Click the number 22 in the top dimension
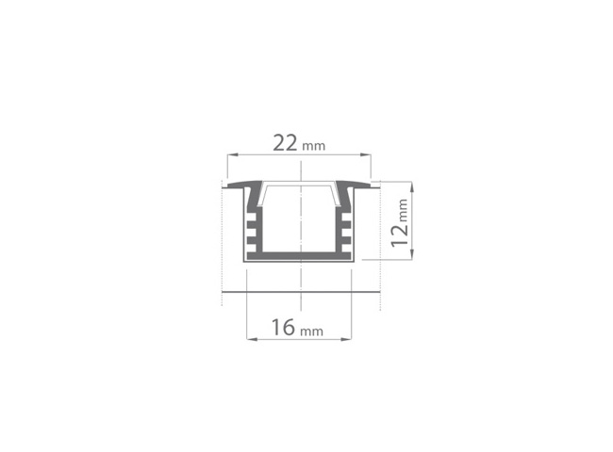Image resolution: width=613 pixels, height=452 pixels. pos(285,143)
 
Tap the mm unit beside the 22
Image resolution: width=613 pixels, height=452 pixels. pos(313,146)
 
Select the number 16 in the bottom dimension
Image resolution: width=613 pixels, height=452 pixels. pos(283,327)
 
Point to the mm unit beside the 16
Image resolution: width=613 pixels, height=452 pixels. pos(311,331)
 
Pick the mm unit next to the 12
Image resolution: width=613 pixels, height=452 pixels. pos(403,210)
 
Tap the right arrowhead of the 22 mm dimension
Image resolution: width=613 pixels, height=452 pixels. pos(365,155)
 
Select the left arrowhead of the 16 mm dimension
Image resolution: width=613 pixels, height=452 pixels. pos(252,339)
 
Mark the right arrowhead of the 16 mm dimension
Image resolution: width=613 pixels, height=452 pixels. pos(346,339)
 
